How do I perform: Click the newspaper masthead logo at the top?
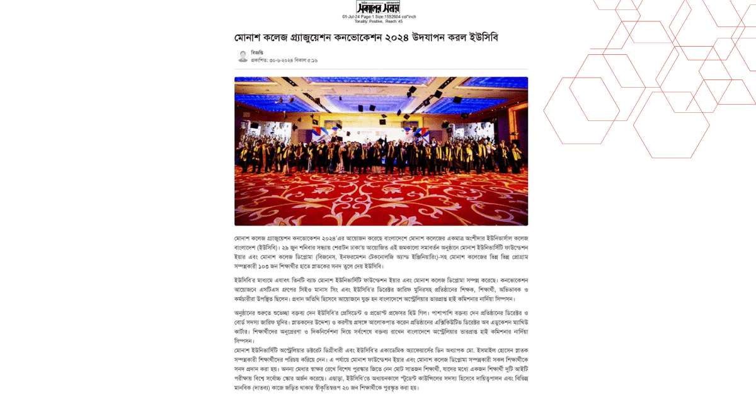378,7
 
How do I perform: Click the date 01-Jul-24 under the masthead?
351,16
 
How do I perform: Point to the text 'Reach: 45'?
394,21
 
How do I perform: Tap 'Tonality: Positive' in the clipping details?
369,21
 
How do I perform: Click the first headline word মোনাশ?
248,37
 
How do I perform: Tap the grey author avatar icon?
243,56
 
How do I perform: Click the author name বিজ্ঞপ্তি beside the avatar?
257,52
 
